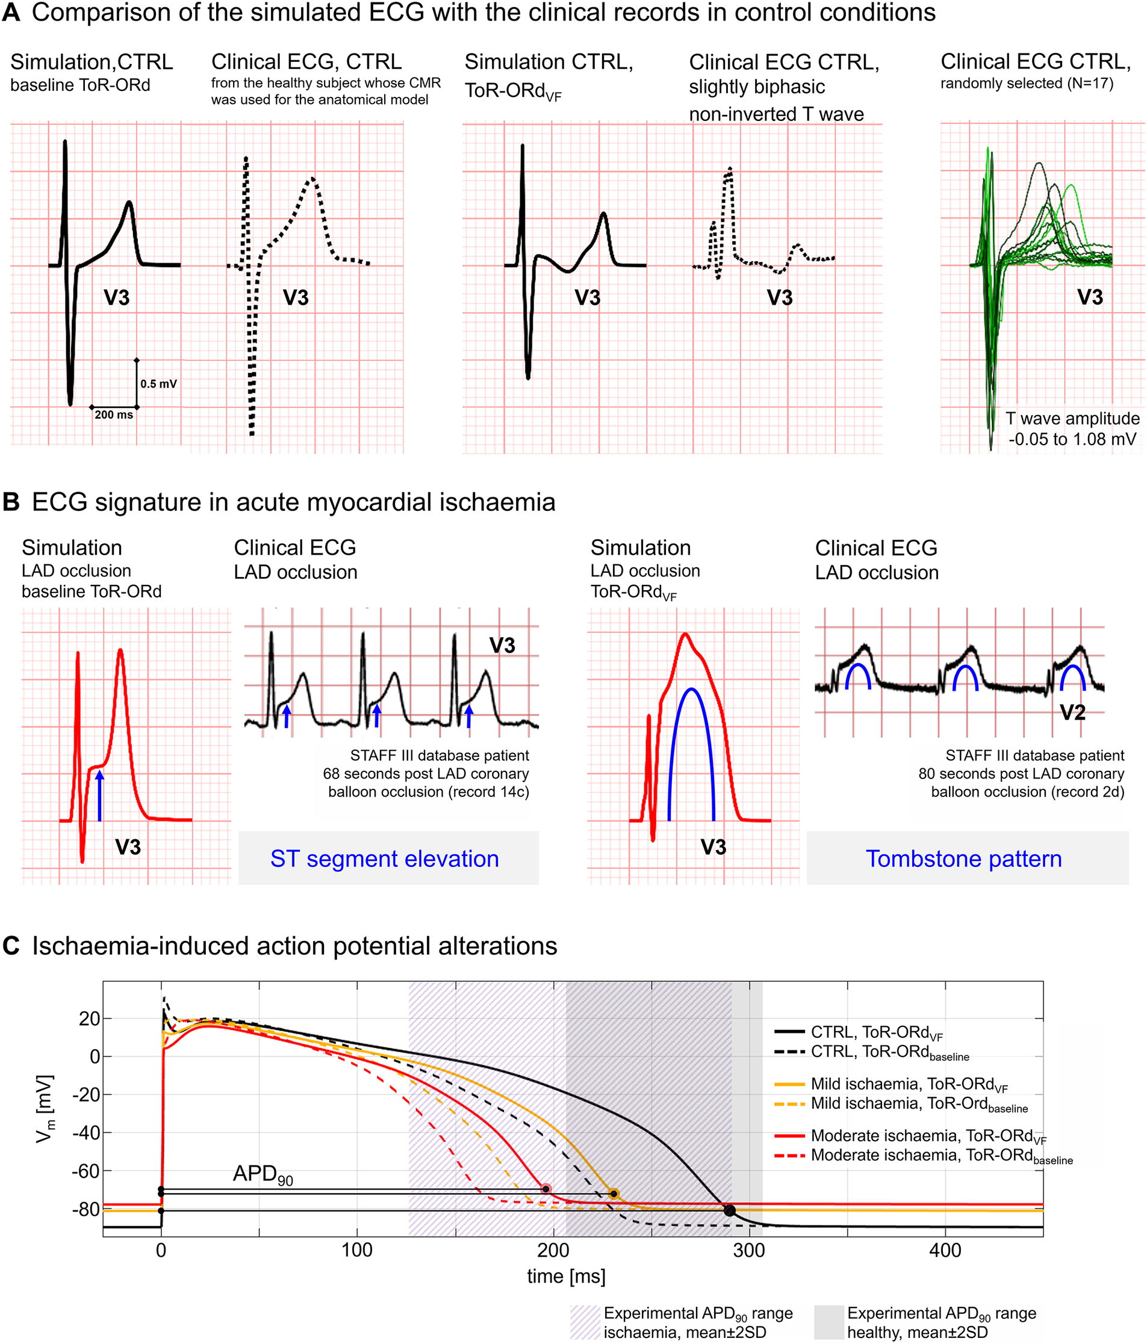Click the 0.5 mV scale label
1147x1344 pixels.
point(158,384)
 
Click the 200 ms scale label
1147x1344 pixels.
point(114,415)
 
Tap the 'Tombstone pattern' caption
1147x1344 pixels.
point(963,859)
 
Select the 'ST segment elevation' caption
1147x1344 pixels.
point(384,859)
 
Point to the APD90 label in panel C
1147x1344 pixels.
point(263,1174)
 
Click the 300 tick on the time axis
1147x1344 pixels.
point(749,1251)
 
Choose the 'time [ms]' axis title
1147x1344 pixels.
point(566,1276)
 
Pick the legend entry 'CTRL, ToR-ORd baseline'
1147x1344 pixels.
point(889,1052)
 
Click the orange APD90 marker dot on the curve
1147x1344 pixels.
point(614,1194)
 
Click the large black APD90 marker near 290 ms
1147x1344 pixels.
point(729,1210)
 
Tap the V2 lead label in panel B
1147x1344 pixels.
point(1072,713)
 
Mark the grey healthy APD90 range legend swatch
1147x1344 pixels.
point(829,1321)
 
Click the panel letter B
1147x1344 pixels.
point(11,503)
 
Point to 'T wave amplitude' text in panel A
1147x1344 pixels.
point(1072,418)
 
